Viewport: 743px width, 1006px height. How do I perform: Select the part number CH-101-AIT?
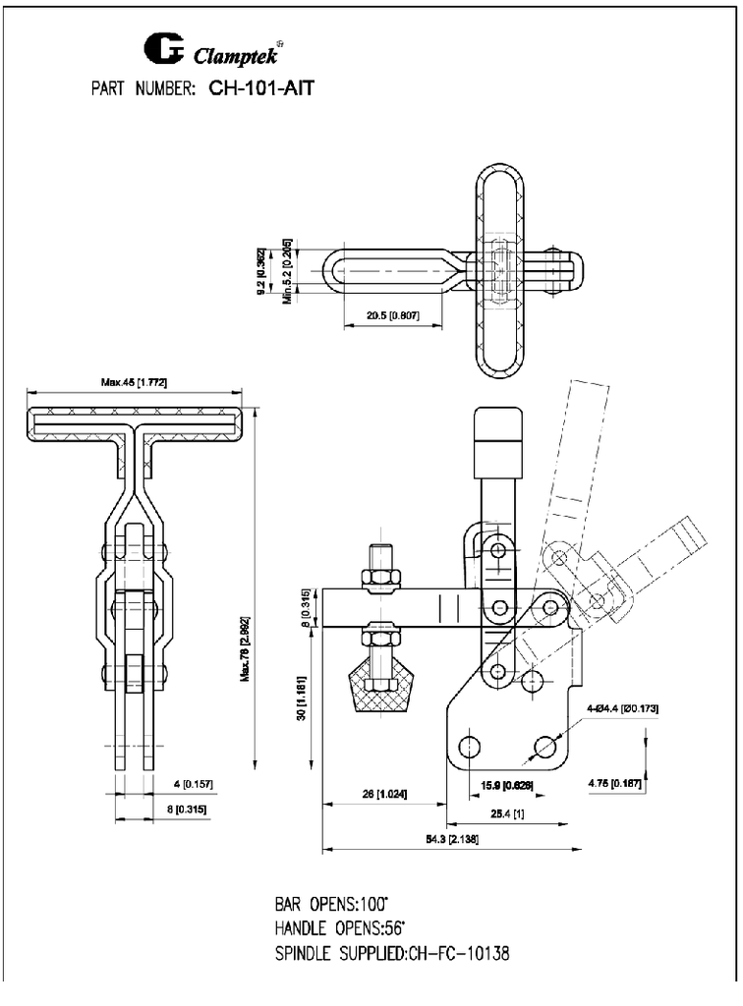point(261,89)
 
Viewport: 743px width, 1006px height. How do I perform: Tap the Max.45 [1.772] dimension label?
point(134,382)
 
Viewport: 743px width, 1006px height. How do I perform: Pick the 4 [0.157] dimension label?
point(193,784)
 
